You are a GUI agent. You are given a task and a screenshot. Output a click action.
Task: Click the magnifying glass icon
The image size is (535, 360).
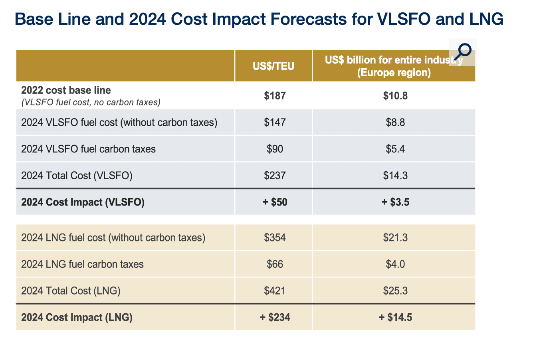coord(463,52)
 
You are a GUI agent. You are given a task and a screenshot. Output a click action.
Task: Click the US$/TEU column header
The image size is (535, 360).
coord(273,66)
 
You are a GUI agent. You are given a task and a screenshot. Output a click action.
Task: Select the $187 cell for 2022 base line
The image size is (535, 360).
coord(275,96)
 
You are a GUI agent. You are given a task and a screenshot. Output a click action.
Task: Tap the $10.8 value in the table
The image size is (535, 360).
coord(395,96)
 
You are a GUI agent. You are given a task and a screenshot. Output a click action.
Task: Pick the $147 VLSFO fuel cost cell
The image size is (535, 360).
coord(275,122)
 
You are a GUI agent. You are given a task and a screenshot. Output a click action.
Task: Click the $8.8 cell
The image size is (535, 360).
coord(395,122)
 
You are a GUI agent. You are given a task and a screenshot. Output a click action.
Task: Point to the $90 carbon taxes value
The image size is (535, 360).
coord(275,149)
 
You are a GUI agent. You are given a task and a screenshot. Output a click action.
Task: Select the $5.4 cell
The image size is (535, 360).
coord(395,149)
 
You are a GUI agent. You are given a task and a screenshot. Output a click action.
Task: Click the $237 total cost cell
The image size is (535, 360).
coord(275,175)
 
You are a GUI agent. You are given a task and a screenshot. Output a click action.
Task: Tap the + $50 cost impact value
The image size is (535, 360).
coord(275,202)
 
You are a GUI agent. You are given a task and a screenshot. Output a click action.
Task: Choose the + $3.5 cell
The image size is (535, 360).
coord(395,202)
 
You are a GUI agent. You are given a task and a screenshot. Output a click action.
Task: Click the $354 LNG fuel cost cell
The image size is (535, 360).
coord(275,238)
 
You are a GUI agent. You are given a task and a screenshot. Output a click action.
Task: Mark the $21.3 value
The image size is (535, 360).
coord(395,238)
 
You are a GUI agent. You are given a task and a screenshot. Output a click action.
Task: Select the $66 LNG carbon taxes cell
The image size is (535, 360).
coord(275,264)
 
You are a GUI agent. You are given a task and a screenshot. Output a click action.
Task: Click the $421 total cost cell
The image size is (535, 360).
coord(275,291)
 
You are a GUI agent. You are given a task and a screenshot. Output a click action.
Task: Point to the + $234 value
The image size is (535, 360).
coord(275,317)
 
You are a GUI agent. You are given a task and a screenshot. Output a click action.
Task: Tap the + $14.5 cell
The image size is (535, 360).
coord(395,317)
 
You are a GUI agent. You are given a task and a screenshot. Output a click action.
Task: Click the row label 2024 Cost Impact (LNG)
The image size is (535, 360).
coord(77,317)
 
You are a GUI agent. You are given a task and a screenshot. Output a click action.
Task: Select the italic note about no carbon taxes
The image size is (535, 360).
coord(91,103)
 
